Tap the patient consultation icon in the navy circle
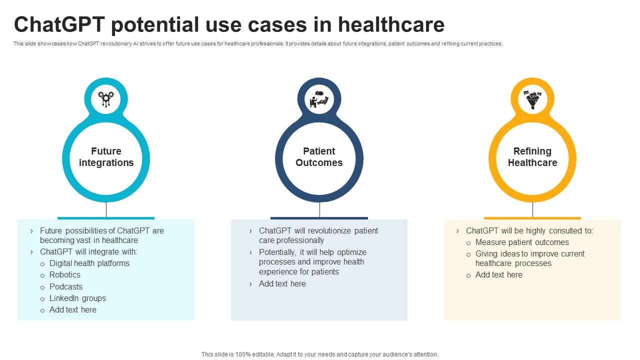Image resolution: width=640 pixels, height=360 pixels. pyautogui.click(x=319, y=99)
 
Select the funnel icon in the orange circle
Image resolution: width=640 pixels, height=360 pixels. pyautogui.click(x=532, y=99)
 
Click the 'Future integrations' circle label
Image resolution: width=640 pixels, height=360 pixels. pyautogui.click(x=106, y=157)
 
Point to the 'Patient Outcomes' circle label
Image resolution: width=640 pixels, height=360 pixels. pyautogui.click(x=319, y=157)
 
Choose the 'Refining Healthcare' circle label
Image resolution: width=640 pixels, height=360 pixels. pyautogui.click(x=532, y=157)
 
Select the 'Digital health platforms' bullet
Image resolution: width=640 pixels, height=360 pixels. pyautogui.click(x=89, y=263)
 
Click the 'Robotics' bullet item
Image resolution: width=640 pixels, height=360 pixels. pyautogui.click(x=65, y=274)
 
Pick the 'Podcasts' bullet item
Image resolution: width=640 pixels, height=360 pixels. pyautogui.click(x=66, y=286)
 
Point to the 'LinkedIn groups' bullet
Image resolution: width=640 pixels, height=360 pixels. pyautogui.click(x=77, y=298)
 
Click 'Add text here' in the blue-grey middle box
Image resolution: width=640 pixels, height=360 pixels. pyautogui.click(x=282, y=283)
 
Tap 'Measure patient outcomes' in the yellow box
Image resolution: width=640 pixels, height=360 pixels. pyautogui.click(x=522, y=242)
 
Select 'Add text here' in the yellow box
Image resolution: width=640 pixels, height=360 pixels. pyautogui.click(x=498, y=274)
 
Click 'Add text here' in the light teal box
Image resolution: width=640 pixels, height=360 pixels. pyautogui.click(x=73, y=309)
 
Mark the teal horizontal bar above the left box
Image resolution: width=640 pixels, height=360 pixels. pyautogui.click(x=106, y=218)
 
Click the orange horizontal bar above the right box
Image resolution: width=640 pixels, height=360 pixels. pyautogui.click(x=532, y=218)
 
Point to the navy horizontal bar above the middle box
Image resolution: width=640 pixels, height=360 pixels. pyautogui.click(x=319, y=218)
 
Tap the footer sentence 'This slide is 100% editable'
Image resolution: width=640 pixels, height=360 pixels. pyautogui.click(x=319, y=354)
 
